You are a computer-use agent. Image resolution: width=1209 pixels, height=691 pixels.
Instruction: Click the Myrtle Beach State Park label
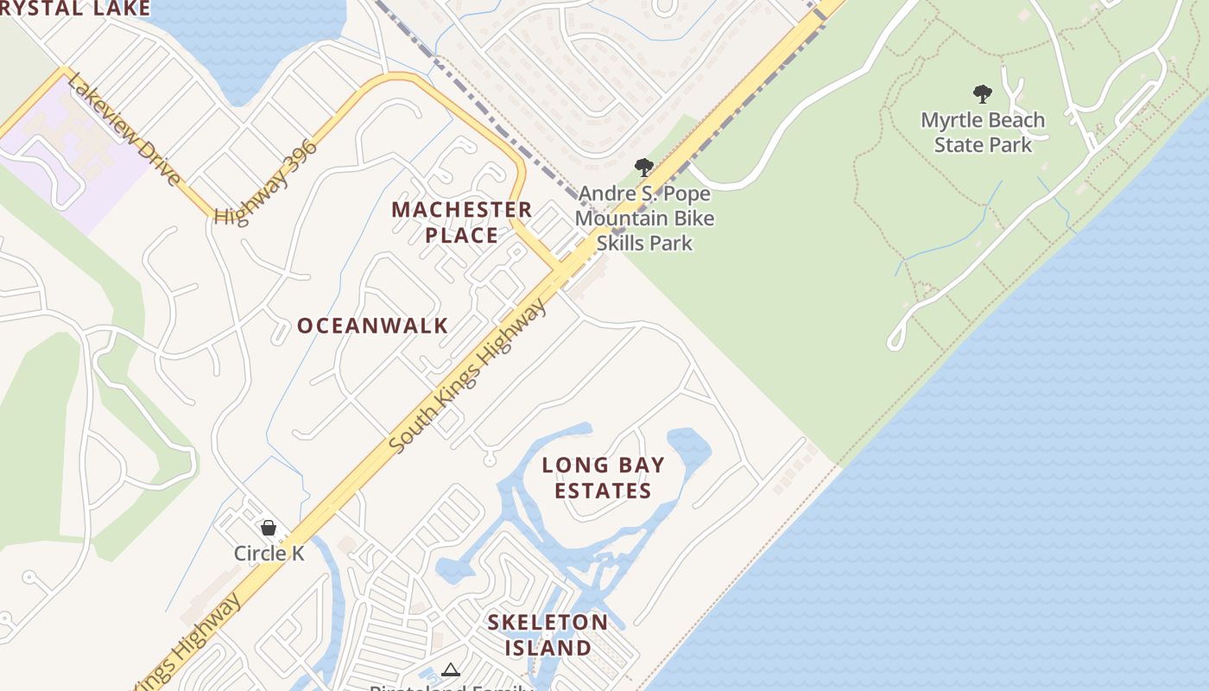tap(983, 132)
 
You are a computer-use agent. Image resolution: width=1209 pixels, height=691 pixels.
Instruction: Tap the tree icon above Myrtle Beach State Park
tap(982, 94)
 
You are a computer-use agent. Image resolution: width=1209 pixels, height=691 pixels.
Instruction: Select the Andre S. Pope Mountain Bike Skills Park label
tap(644, 218)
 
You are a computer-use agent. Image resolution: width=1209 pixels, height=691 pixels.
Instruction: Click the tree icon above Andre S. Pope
tap(643, 167)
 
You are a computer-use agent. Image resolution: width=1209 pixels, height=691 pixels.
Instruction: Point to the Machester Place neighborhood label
tap(461, 222)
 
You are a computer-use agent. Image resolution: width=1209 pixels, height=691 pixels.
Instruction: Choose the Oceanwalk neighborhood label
tap(373, 326)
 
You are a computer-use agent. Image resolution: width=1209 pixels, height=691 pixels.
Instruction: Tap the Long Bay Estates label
tap(604, 478)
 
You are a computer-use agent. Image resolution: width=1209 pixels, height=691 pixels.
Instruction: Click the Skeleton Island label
tap(548, 635)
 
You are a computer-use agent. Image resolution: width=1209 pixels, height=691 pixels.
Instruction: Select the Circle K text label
tap(269, 553)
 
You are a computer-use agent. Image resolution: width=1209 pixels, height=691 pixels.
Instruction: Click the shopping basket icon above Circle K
tap(269, 528)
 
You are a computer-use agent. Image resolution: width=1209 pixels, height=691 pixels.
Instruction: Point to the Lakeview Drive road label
tap(124, 129)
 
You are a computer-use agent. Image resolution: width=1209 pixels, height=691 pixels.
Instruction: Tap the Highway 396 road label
tap(266, 181)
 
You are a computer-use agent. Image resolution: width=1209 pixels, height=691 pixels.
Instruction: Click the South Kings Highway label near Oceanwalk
tap(469, 375)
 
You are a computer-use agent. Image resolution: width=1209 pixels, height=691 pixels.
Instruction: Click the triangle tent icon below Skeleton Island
tap(450, 669)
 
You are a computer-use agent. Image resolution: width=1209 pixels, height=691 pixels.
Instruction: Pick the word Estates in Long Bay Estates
tap(603, 491)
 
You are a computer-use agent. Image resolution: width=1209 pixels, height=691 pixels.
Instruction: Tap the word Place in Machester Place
tap(461, 235)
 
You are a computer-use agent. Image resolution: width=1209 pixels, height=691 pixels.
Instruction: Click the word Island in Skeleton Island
tap(548, 648)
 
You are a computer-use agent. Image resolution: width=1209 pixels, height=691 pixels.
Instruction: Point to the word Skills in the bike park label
tap(644, 243)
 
